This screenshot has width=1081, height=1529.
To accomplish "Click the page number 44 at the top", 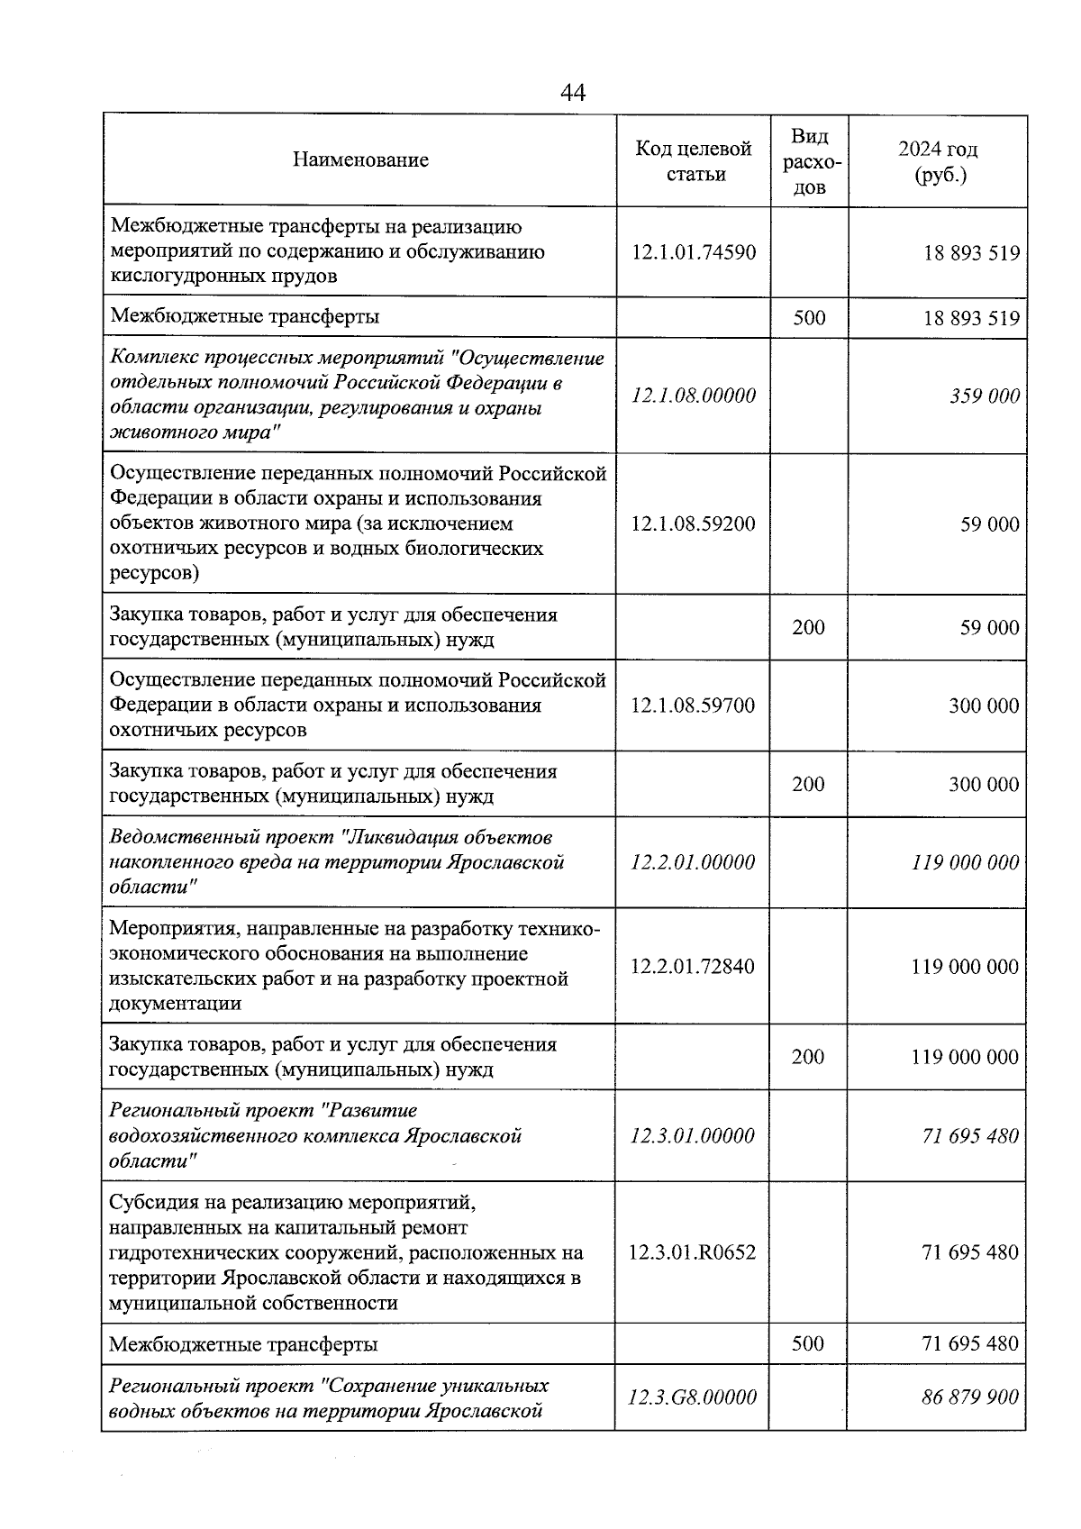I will (x=573, y=92).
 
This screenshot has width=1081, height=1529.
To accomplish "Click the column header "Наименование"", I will (x=360, y=160).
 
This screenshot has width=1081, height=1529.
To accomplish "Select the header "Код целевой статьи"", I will (x=694, y=161).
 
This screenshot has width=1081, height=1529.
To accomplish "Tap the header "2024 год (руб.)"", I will (x=938, y=161).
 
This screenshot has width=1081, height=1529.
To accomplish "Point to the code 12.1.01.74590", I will (x=694, y=252).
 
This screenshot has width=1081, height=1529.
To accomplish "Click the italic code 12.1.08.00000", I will (x=694, y=396).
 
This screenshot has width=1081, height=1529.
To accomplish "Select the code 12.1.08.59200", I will (x=694, y=524).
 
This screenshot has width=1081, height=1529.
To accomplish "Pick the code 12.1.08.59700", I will (x=694, y=705).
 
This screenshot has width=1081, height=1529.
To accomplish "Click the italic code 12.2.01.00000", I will (x=693, y=862).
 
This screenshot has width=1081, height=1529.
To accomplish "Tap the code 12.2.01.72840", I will (x=693, y=967).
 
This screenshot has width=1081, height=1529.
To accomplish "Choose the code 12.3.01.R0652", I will (x=693, y=1252).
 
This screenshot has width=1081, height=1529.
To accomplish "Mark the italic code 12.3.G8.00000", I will (x=693, y=1397).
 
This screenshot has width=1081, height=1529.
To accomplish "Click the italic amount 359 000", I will (x=985, y=396).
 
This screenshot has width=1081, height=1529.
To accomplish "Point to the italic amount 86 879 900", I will (x=970, y=1397).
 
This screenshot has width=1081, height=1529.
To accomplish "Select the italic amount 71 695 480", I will (x=970, y=1136).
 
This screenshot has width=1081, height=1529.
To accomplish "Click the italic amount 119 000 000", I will (x=965, y=862).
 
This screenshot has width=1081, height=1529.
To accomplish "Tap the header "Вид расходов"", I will (x=809, y=161).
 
